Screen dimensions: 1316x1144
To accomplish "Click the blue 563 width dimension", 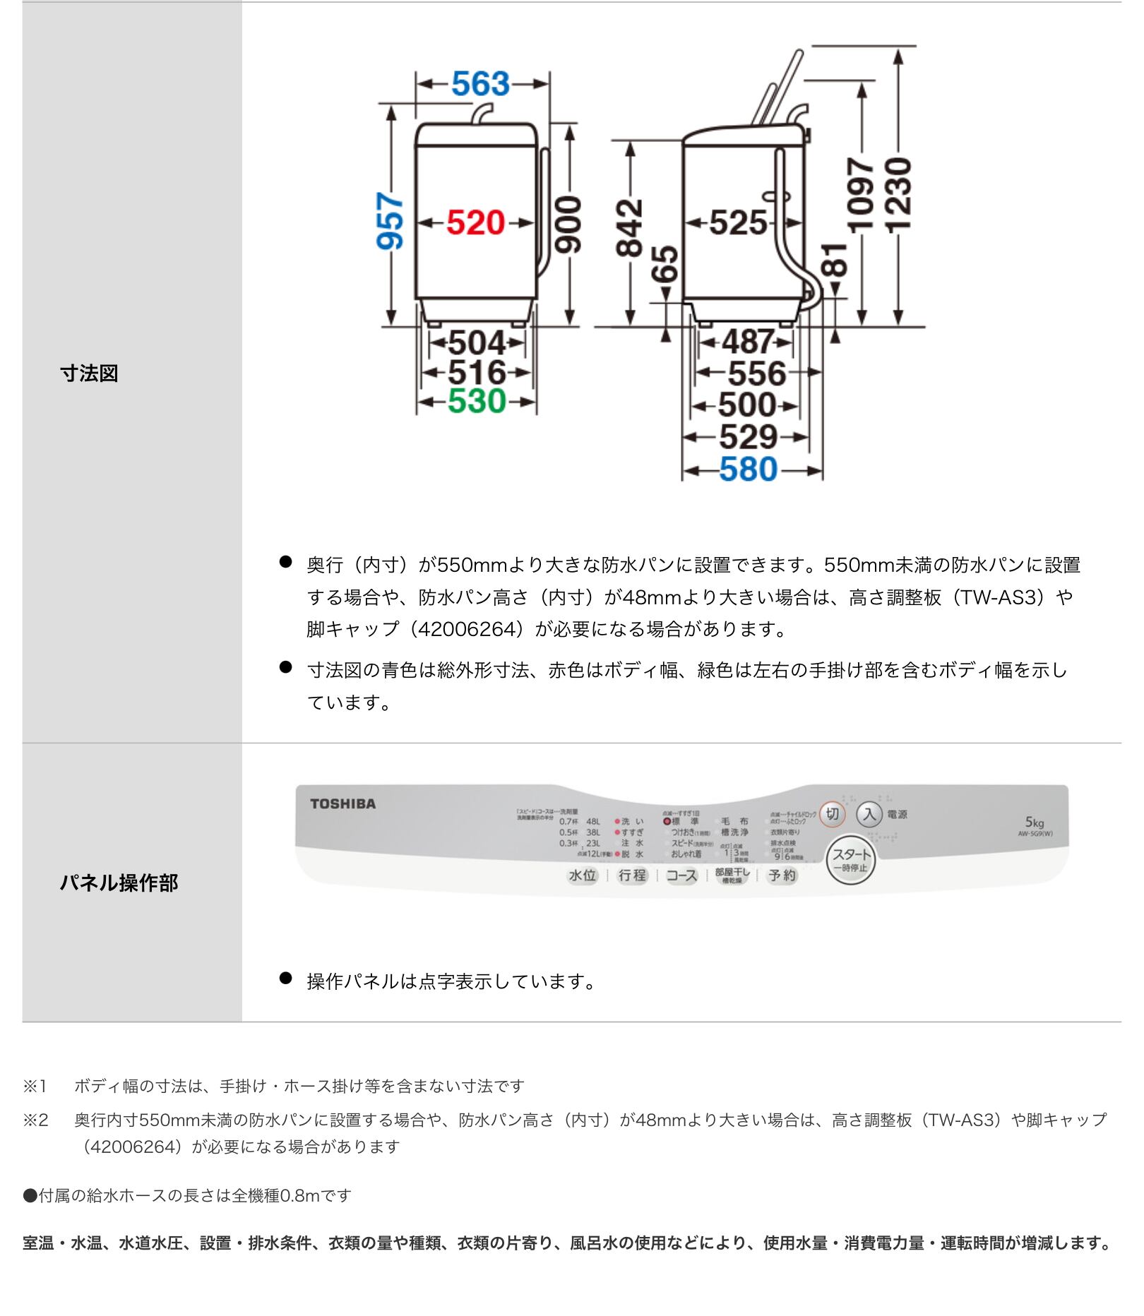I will pyautogui.click(x=480, y=84).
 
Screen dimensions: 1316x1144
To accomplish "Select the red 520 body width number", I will pyautogui.click(x=476, y=223).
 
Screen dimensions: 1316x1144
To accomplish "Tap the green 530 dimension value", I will pyautogui.click(x=477, y=402).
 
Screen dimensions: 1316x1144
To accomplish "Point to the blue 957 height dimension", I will pyautogui.click(x=391, y=221).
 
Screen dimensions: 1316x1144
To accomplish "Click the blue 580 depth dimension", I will pyautogui.click(x=748, y=469).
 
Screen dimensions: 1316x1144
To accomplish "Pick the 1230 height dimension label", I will pyautogui.click(x=899, y=194).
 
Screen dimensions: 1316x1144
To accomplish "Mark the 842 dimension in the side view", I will pyautogui.click(x=629, y=227).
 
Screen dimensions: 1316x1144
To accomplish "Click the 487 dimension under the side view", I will pyautogui.click(x=747, y=342).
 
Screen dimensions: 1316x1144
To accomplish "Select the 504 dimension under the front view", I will pyautogui.click(x=477, y=343).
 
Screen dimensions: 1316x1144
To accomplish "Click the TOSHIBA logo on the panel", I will pyautogui.click(x=343, y=803).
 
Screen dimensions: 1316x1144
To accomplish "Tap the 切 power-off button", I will pyautogui.click(x=832, y=814).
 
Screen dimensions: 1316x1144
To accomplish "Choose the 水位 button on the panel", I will pyautogui.click(x=583, y=875).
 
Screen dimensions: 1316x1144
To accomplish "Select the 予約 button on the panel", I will pyautogui.click(x=782, y=875).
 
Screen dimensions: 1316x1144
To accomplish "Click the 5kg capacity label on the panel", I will pyautogui.click(x=1034, y=822).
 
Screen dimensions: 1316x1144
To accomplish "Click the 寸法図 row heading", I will pyautogui.click(x=89, y=373).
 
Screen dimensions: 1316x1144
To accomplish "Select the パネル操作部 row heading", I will pyautogui.click(x=119, y=883).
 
